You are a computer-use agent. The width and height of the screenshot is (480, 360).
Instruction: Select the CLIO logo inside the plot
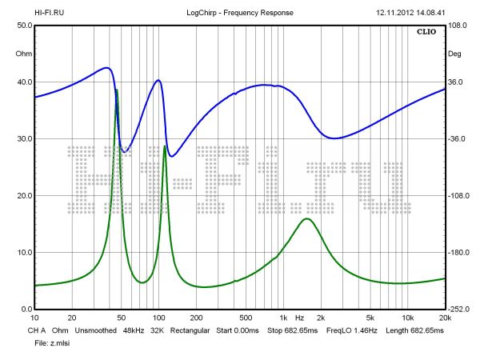coord(427,33)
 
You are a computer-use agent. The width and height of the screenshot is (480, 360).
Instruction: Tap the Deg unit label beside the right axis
coord(454,54)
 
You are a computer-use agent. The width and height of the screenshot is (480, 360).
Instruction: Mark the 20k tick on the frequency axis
coord(445,318)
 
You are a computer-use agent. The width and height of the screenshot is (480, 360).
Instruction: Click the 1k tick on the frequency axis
coord(282,318)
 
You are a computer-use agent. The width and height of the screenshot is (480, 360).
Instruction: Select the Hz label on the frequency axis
coord(300,318)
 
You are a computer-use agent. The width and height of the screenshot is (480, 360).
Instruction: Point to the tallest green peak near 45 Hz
coord(117,90)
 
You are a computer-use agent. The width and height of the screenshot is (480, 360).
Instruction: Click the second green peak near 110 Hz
coord(165,146)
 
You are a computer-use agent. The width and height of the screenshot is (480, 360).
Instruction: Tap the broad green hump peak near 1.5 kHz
coord(306,218)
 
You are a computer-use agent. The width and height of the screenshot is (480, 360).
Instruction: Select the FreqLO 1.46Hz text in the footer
coord(349,330)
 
